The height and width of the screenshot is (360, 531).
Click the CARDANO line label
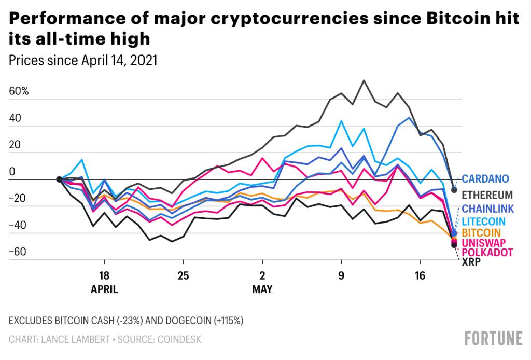pyautogui.click(x=485, y=179)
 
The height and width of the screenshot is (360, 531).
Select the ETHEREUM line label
pyautogui.click(x=487, y=195)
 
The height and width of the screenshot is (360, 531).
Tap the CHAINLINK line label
pyautogui.click(x=487, y=209)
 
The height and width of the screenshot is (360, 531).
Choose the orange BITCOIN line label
pyautogui.click(x=482, y=232)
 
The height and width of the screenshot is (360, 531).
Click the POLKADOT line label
pyautogui.click(x=487, y=252)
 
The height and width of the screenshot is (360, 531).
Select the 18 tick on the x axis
pyautogui.click(x=104, y=276)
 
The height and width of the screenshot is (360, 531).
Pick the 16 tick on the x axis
pyautogui.click(x=420, y=276)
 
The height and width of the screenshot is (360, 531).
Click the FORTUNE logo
pyautogui.click(x=494, y=338)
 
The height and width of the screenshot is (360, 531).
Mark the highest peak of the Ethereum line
pyautogui.click(x=364, y=80)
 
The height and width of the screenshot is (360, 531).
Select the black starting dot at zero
pyautogui.click(x=59, y=179)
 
